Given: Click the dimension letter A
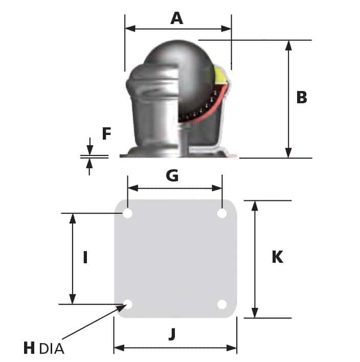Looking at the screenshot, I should click(x=176, y=18).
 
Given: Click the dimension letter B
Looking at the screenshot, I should click(x=302, y=97).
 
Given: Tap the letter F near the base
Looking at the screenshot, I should click(x=106, y=134).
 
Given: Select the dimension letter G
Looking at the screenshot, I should click(x=172, y=176).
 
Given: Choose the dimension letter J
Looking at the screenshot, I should click(x=172, y=334).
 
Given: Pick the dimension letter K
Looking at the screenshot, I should click(x=277, y=257).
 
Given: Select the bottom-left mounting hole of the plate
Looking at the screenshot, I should click(x=128, y=305).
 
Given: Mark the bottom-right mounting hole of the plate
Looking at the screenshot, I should click(x=222, y=305).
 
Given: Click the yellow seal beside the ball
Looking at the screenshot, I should click(x=221, y=77).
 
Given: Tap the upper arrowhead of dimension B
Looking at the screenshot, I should click(x=289, y=45).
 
